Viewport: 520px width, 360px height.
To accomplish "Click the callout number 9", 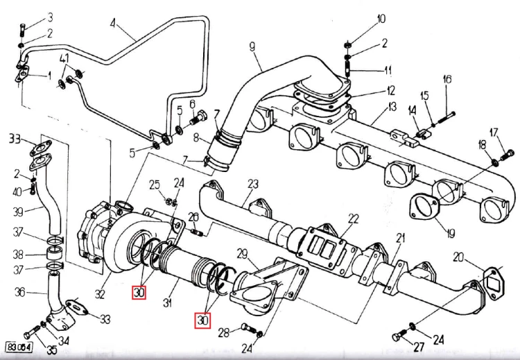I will coord(252,46).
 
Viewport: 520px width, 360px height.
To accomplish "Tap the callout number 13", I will coord(392,106).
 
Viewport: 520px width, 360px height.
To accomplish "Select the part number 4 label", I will coord(113,22).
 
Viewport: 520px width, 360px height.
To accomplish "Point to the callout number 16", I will coord(447,80).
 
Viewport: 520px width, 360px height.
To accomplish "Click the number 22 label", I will coord(354,218).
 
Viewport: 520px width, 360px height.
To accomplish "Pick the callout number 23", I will coord(252,184).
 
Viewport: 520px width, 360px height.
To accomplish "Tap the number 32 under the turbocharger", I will coord(100,295).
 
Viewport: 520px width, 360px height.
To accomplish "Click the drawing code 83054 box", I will coord(19,345).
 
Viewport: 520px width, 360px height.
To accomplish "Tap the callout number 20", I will coord(458,257).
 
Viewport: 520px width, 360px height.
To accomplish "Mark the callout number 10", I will coord(381,19).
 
